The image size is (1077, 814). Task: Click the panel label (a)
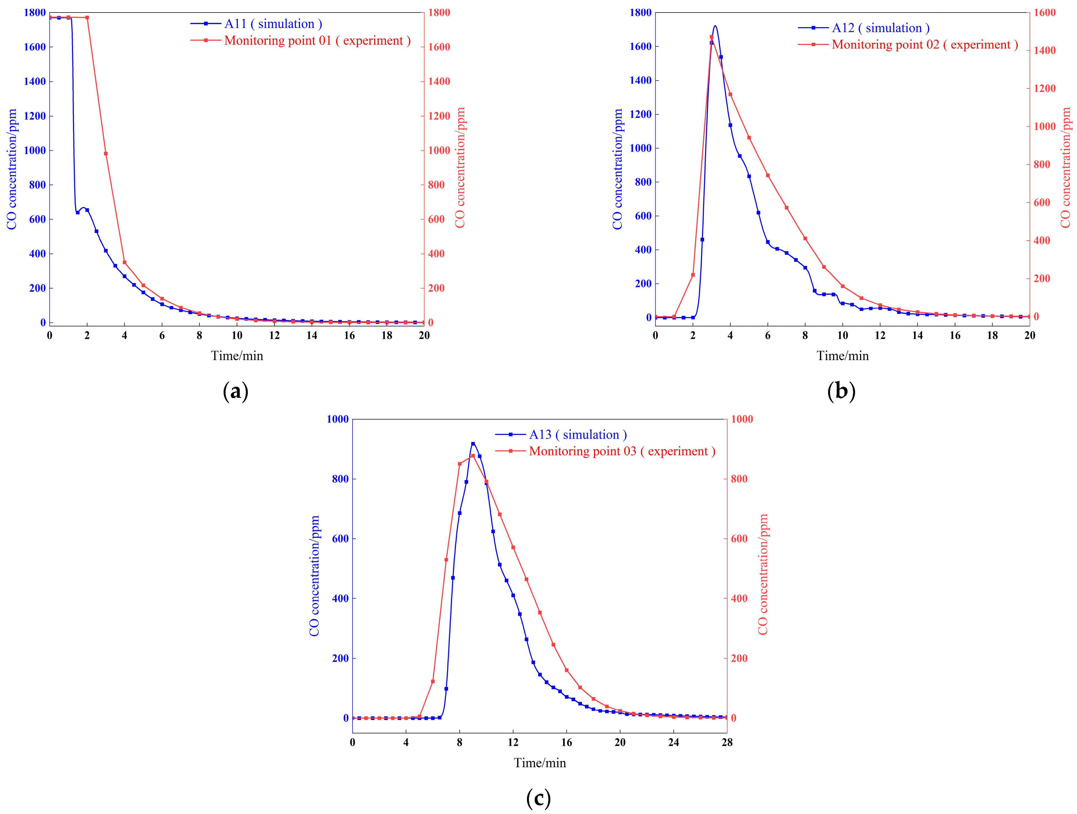pos(236,391)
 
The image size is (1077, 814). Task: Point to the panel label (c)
pos(538,798)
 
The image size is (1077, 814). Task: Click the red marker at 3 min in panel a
pos(106,153)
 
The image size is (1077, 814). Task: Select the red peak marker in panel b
pos(711,37)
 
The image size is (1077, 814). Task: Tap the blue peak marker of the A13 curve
pos(473,444)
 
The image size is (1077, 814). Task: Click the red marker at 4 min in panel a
pos(125,262)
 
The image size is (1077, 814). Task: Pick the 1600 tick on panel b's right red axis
pos(1044,13)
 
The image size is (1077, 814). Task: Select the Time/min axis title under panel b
pos(842,356)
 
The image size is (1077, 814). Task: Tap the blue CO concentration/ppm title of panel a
pos(12,169)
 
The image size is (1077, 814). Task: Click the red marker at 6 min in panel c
pos(433,681)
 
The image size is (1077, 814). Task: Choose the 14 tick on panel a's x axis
pos(312,335)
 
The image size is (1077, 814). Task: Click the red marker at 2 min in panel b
pos(693,275)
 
